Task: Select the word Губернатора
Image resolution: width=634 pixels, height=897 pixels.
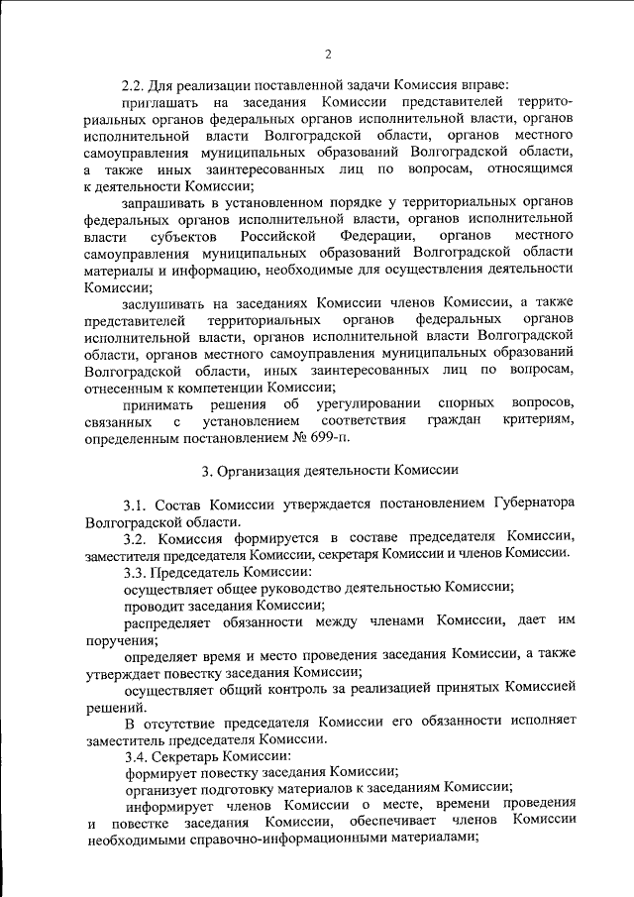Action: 527,504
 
